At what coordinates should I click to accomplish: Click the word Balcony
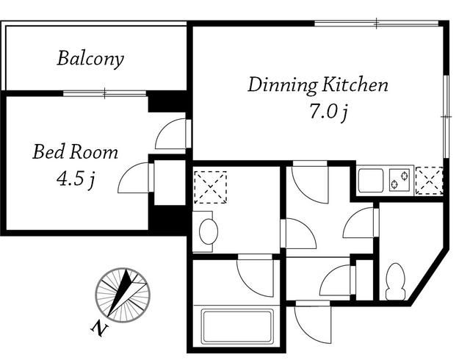click(x=90, y=59)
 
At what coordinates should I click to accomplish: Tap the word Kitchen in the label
click(x=355, y=84)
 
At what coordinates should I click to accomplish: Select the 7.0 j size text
click(x=329, y=112)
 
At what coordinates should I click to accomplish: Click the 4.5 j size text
click(x=76, y=179)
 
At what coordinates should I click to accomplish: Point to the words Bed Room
click(x=75, y=152)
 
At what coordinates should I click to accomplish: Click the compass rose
click(x=123, y=295)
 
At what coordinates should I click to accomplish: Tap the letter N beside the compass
click(x=100, y=328)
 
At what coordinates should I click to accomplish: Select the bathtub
click(x=236, y=327)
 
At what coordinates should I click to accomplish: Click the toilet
click(x=395, y=281)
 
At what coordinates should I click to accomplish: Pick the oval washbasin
click(x=209, y=231)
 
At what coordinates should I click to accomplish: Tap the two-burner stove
click(x=399, y=179)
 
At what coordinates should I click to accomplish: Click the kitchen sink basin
click(x=371, y=180)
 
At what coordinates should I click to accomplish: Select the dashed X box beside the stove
click(x=429, y=181)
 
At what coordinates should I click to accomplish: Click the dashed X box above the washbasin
click(x=210, y=187)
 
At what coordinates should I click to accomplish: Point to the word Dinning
click(x=282, y=85)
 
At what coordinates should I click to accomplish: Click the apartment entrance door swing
click(x=314, y=323)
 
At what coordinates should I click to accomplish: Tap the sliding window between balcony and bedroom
click(x=104, y=93)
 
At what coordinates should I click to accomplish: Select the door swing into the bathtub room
click(x=256, y=276)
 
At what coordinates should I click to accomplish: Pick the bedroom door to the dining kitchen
click(x=173, y=134)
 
